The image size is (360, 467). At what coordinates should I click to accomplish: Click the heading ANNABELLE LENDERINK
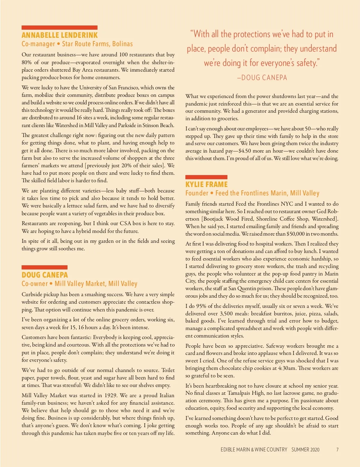[59, 35]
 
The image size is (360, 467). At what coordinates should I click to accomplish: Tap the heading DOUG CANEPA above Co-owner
[45, 275]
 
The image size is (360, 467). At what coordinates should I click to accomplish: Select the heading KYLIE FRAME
[206, 184]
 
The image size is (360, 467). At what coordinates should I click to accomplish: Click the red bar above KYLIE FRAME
[206, 177]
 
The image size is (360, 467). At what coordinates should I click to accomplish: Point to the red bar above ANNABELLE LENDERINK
[59, 28]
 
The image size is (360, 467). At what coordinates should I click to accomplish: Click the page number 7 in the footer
[337, 450]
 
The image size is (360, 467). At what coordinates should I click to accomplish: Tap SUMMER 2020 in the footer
[305, 450]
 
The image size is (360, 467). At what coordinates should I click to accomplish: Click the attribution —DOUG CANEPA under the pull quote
[262, 78]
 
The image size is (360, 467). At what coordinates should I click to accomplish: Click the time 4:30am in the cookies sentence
[287, 368]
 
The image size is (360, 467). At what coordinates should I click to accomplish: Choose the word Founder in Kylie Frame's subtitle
[196, 193]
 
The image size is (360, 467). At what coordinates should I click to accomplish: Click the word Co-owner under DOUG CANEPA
[34, 284]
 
